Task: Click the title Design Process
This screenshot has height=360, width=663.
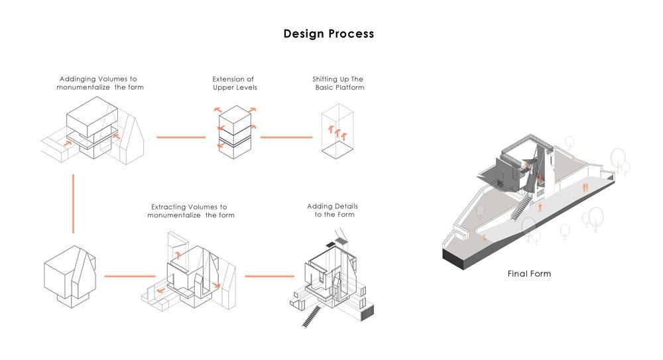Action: pyautogui.click(x=328, y=33)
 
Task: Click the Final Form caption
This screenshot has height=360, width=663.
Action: pyautogui.click(x=529, y=273)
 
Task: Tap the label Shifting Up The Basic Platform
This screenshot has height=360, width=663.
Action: pyautogui.click(x=339, y=83)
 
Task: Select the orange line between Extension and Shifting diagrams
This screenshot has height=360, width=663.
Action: pyautogui.click(x=286, y=137)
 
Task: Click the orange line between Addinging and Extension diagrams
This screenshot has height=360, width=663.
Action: pyautogui.click(x=180, y=137)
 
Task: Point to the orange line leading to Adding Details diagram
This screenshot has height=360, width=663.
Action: pyautogui.click(x=269, y=276)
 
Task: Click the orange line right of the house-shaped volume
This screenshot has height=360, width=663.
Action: pyautogui.click(x=122, y=276)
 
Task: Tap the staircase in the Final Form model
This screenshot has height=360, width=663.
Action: pyautogui.click(x=522, y=207)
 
